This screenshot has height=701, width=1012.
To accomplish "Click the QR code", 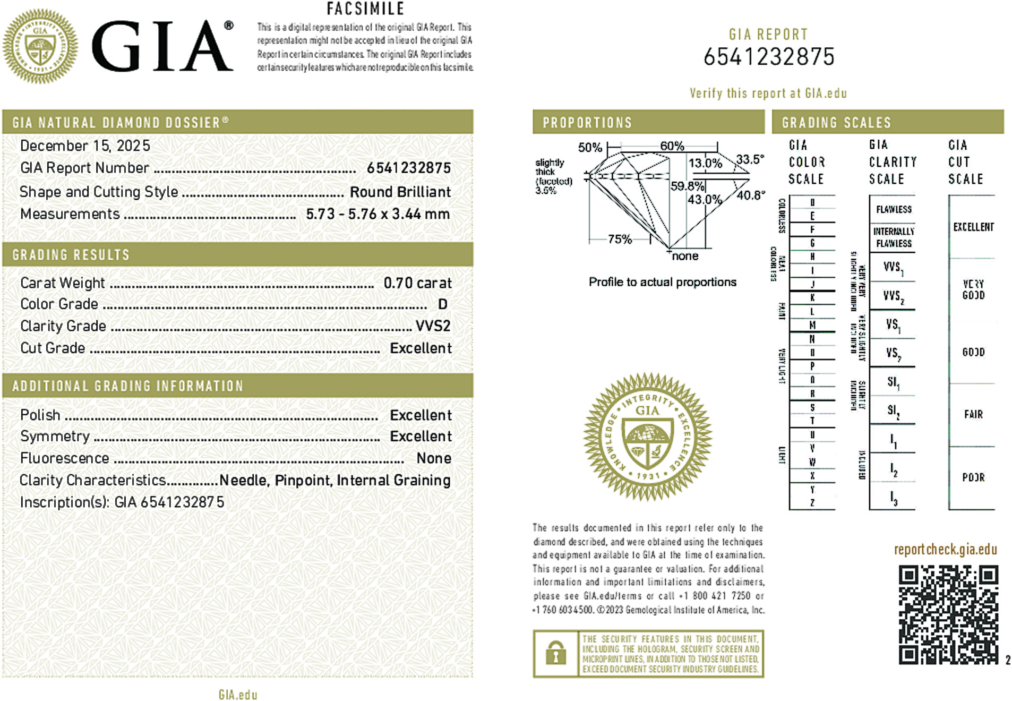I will pyautogui.click(x=948, y=614).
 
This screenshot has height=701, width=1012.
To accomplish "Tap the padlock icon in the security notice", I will pyautogui.click(x=555, y=653).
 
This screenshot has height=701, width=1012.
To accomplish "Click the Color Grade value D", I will pyautogui.click(x=442, y=304).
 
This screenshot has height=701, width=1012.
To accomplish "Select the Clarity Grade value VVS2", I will pyautogui.click(x=433, y=326).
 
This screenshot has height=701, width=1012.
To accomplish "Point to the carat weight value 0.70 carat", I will pyautogui.click(x=417, y=283).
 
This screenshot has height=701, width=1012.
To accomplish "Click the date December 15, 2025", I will pyautogui.click(x=85, y=146).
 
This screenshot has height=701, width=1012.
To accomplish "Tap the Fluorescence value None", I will pyautogui.click(x=434, y=458).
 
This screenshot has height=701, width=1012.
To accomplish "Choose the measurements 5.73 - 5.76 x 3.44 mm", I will pyautogui.click(x=378, y=214).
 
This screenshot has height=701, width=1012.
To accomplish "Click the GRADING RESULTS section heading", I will pyautogui.click(x=71, y=255).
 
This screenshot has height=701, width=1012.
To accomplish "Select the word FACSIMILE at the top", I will pyautogui.click(x=365, y=9).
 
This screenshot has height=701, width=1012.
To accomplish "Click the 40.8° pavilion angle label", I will pyautogui.click(x=751, y=195).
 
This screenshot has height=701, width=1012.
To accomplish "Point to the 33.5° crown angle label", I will pyautogui.click(x=750, y=159).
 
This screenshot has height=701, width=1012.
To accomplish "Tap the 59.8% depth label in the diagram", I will pyautogui.click(x=687, y=186).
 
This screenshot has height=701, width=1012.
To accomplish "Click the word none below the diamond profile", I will pyautogui.click(x=685, y=257).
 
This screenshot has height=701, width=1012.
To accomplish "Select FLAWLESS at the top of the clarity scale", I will pyautogui.click(x=894, y=209).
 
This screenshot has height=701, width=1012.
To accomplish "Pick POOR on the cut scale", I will pyautogui.click(x=973, y=477).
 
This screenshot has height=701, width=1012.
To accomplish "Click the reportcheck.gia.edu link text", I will pyautogui.click(x=945, y=550).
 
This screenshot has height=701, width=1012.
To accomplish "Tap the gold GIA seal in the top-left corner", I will pyautogui.click(x=40, y=46).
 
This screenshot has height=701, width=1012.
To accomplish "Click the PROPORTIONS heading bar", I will pyautogui.click(x=648, y=123).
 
